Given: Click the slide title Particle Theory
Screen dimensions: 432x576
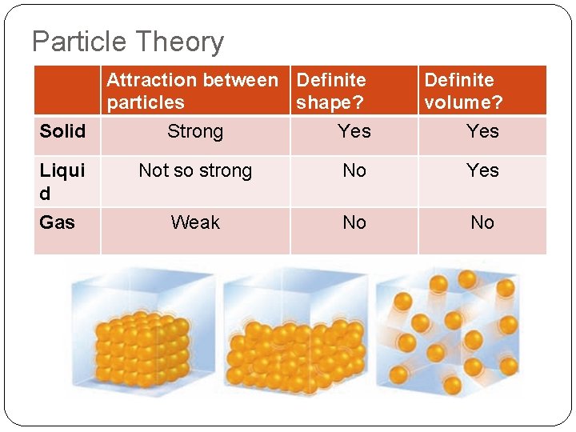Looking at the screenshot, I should (x=128, y=42).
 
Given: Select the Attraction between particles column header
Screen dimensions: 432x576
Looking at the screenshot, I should (x=192, y=91).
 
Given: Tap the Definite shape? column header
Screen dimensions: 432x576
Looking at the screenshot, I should (x=331, y=91).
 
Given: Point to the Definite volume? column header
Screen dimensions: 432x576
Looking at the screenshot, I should (x=463, y=91).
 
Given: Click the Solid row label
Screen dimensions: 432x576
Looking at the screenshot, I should (x=62, y=131).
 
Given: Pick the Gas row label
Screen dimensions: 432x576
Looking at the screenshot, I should (x=57, y=222).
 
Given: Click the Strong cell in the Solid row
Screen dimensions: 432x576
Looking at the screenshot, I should (x=195, y=131).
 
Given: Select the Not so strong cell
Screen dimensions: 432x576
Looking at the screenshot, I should (x=195, y=170).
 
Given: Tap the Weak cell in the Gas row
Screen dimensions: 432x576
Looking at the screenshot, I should (x=195, y=222).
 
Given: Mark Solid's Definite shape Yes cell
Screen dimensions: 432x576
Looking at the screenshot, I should (x=354, y=131).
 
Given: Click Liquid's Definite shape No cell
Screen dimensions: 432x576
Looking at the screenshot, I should (x=354, y=170).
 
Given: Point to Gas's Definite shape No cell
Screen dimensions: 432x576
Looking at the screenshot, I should (x=354, y=222).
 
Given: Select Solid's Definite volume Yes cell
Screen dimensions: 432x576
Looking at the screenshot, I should (x=482, y=131).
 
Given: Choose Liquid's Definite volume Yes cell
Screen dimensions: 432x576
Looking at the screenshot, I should (x=482, y=170).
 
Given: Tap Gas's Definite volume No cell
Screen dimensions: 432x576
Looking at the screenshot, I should (x=482, y=222).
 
